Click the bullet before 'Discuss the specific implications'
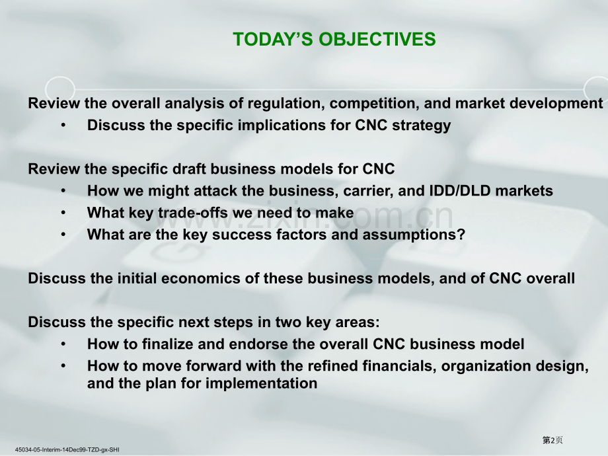63,126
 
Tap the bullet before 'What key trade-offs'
63,213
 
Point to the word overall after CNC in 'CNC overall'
551,278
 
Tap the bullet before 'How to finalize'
63,344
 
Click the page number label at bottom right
552,440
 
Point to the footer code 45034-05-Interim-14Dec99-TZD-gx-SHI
67,450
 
